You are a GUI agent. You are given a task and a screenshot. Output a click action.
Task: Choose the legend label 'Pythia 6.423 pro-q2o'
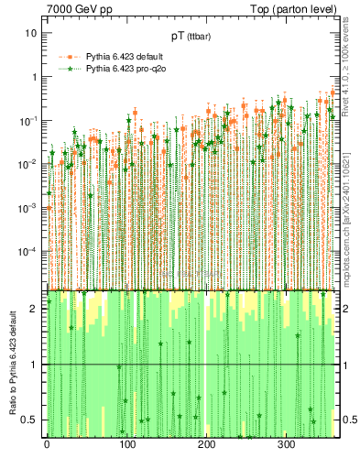point(128,68)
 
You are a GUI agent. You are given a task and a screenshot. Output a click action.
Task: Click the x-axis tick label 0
point(47,444)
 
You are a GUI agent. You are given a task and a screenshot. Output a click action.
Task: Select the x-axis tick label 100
point(126,444)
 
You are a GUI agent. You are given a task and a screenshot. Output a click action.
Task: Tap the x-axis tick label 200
point(206,444)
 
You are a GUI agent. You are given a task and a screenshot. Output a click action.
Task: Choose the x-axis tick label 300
point(286,444)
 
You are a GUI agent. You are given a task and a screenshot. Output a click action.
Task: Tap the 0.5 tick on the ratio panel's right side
point(349,420)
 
